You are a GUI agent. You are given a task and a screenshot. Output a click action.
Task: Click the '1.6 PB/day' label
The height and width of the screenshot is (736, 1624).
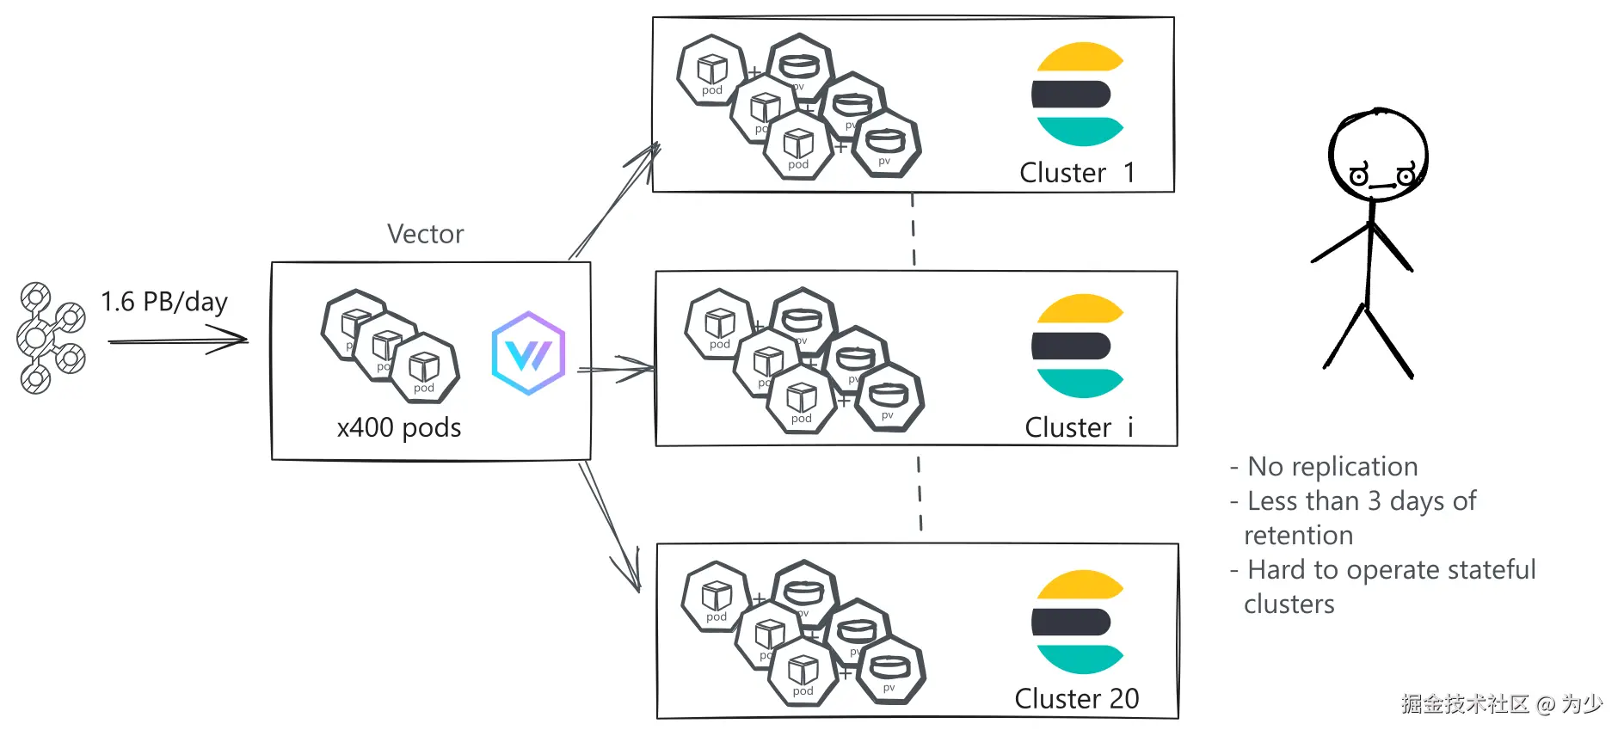163,302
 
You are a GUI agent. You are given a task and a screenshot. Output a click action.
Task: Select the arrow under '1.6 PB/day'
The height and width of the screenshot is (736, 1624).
177,341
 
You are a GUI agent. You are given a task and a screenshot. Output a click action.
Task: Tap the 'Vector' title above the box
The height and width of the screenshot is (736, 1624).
425,234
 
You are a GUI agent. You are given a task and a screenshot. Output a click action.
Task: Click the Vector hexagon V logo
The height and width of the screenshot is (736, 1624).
528,353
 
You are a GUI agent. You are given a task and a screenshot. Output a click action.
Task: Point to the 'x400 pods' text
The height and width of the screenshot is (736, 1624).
399,427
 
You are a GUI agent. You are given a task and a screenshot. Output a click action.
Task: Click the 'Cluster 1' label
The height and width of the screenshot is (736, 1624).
1077,173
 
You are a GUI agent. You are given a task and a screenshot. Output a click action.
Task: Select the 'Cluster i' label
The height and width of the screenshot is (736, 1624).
1079,427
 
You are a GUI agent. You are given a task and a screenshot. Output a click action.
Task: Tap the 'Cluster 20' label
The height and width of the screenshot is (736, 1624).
1077,698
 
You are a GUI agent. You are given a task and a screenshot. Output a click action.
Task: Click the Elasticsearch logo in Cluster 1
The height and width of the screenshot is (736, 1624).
1078,95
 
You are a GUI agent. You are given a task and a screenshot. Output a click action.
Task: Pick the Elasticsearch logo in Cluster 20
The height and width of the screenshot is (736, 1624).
1078,622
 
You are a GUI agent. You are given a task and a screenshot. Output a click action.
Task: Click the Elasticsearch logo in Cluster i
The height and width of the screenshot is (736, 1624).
1078,347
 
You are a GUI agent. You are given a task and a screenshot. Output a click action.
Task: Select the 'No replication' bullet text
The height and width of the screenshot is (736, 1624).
1332,466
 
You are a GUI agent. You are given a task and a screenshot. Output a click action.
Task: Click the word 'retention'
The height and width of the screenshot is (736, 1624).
1298,535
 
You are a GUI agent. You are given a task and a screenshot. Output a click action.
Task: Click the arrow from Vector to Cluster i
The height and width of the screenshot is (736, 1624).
616,370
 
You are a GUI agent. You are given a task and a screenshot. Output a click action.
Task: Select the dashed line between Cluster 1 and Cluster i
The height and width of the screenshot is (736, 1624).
913,230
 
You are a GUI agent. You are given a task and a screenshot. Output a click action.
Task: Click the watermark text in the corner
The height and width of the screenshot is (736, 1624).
1501,703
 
